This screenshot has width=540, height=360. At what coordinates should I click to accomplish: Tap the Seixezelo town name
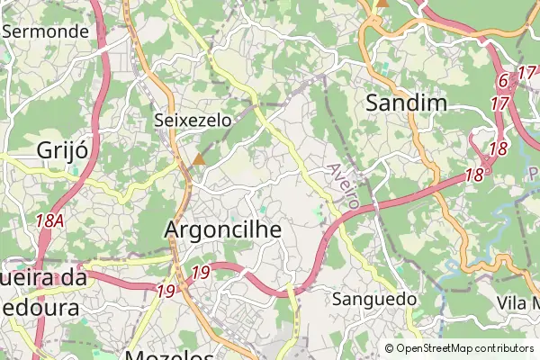[x=193, y=120]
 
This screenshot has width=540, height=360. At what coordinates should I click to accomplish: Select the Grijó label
[x=62, y=149]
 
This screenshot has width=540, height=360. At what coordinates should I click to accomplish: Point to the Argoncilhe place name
[x=223, y=230]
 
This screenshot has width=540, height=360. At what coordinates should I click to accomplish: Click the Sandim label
[x=407, y=103]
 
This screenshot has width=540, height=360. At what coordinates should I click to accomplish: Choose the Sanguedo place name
[x=374, y=299]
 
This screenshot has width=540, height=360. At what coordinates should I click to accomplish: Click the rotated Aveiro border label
[x=345, y=187]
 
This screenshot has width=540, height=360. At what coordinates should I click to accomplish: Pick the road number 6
[x=503, y=81]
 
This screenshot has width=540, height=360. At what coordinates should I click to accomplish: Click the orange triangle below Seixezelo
[x=198, y=159]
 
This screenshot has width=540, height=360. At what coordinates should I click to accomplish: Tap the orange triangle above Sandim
[x=382, y=3]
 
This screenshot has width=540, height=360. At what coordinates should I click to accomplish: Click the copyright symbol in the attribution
[x=389, y=347]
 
